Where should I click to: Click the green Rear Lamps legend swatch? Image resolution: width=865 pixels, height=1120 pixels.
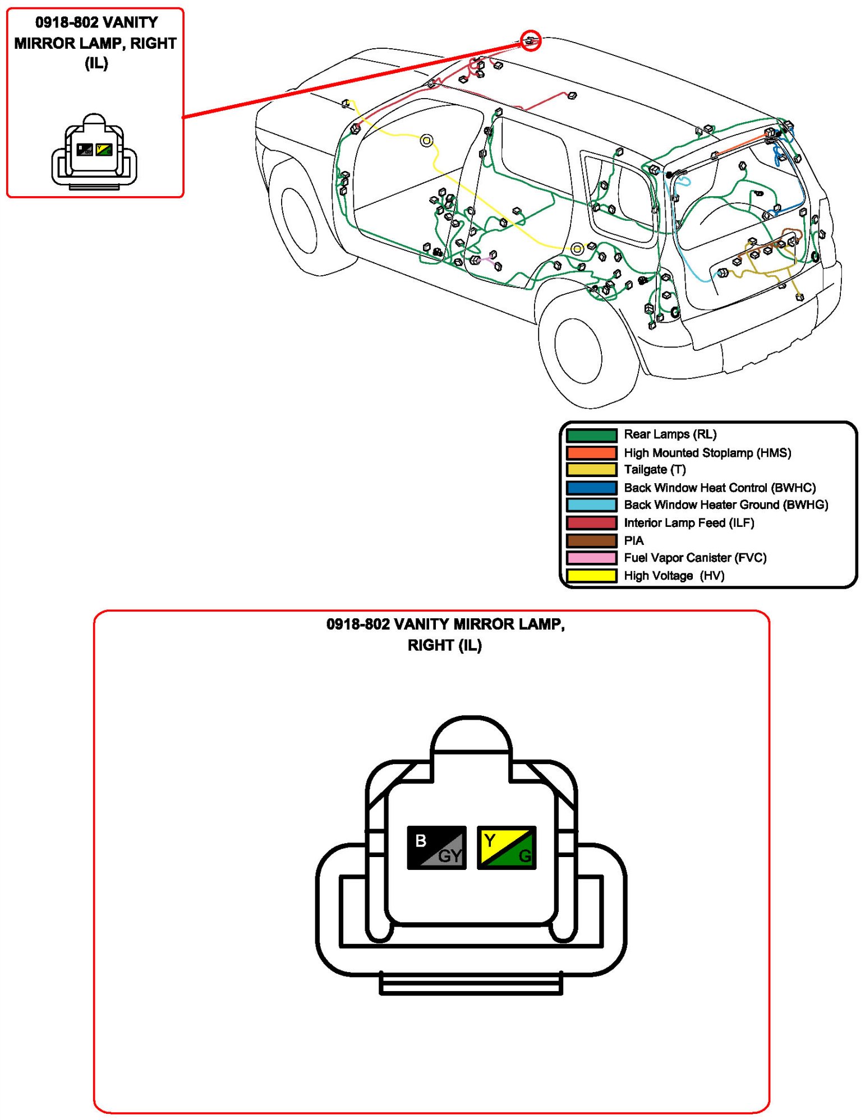tap(591, 435)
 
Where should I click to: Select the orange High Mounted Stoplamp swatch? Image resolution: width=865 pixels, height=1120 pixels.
tap(591, 452)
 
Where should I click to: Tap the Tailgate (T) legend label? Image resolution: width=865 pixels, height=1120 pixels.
tap(655, 470)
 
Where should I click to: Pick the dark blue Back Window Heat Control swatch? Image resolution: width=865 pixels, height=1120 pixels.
tap(591, 488)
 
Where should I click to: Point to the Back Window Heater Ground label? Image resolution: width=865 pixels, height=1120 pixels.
tap(725, 505)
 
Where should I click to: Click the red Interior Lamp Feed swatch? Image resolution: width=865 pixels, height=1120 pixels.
tap(591, 523)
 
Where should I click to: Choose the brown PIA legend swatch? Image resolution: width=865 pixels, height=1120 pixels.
tap(591, 540)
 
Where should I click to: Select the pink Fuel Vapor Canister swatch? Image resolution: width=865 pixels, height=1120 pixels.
tap(591, 558)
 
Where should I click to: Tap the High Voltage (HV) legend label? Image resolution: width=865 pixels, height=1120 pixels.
tap(674, 576)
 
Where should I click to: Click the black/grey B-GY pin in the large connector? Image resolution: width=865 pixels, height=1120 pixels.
tap(436, 848)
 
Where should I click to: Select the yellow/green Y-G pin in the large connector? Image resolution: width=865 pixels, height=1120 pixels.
tap(506, 848)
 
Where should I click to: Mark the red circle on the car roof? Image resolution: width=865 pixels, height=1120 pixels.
tap(531, 40)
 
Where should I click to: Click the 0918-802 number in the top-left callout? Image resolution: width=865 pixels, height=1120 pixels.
tap(67, 22)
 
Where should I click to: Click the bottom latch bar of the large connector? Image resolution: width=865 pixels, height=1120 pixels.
tap(471, 983)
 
